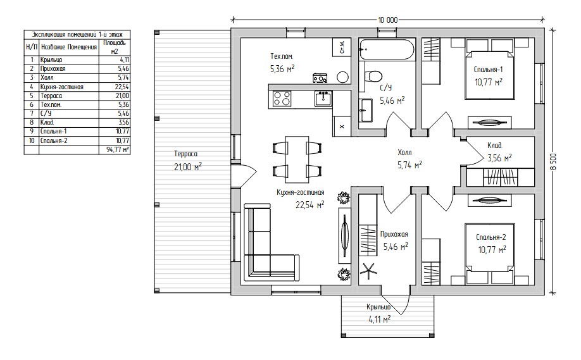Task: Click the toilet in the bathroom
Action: [372, 76]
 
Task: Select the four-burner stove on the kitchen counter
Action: [282, 99]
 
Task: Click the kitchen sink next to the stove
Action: [323, 99]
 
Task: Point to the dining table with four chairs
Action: [297, 159]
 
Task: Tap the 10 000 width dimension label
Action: [388, 20]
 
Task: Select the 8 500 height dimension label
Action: [554, 162]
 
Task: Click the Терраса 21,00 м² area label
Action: [187, 160]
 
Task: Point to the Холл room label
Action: [404, 152]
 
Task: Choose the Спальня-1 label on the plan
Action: [489, 69]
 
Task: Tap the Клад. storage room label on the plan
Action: [495, 146]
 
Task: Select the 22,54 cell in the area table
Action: [122, 87]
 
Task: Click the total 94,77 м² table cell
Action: [116, 149]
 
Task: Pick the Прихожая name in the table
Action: [53, 68]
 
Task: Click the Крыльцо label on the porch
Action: [378, 307]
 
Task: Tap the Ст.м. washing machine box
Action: [342, 47]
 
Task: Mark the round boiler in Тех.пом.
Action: [343, 77]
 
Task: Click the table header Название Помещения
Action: [69, 47]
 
